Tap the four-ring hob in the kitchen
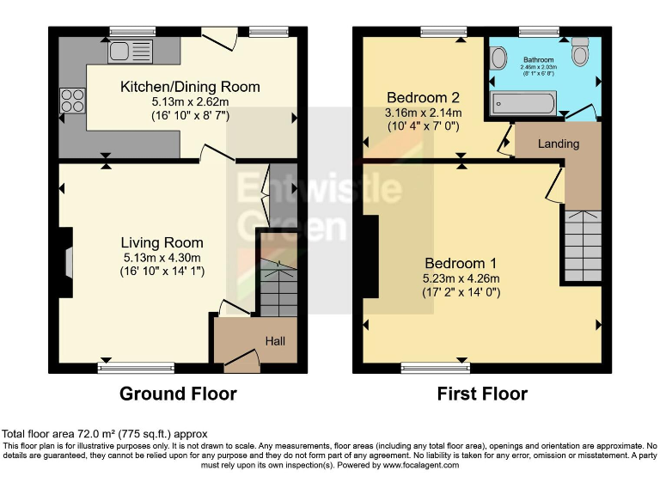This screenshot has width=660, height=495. click(x=71, y=101)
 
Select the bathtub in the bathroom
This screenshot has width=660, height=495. click(x=522, y=104)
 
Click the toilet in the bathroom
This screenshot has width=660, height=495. click(x=580, y=53)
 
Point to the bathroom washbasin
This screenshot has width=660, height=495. click(x=498, y=58)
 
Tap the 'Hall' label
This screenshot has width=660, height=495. click(x=275, y=341)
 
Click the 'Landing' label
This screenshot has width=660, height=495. click(x=559, y=144)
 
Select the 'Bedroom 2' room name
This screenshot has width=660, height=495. click(x=422, y=96)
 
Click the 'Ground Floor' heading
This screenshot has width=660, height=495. click(x=178, y=394)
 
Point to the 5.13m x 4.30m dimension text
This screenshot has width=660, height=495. click(x=162, y=258)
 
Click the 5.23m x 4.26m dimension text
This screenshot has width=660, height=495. click(x=461, y=278)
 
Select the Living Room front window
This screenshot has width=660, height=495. click(x=136, y=369)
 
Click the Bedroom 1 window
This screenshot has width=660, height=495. click(x=436, y=369)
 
